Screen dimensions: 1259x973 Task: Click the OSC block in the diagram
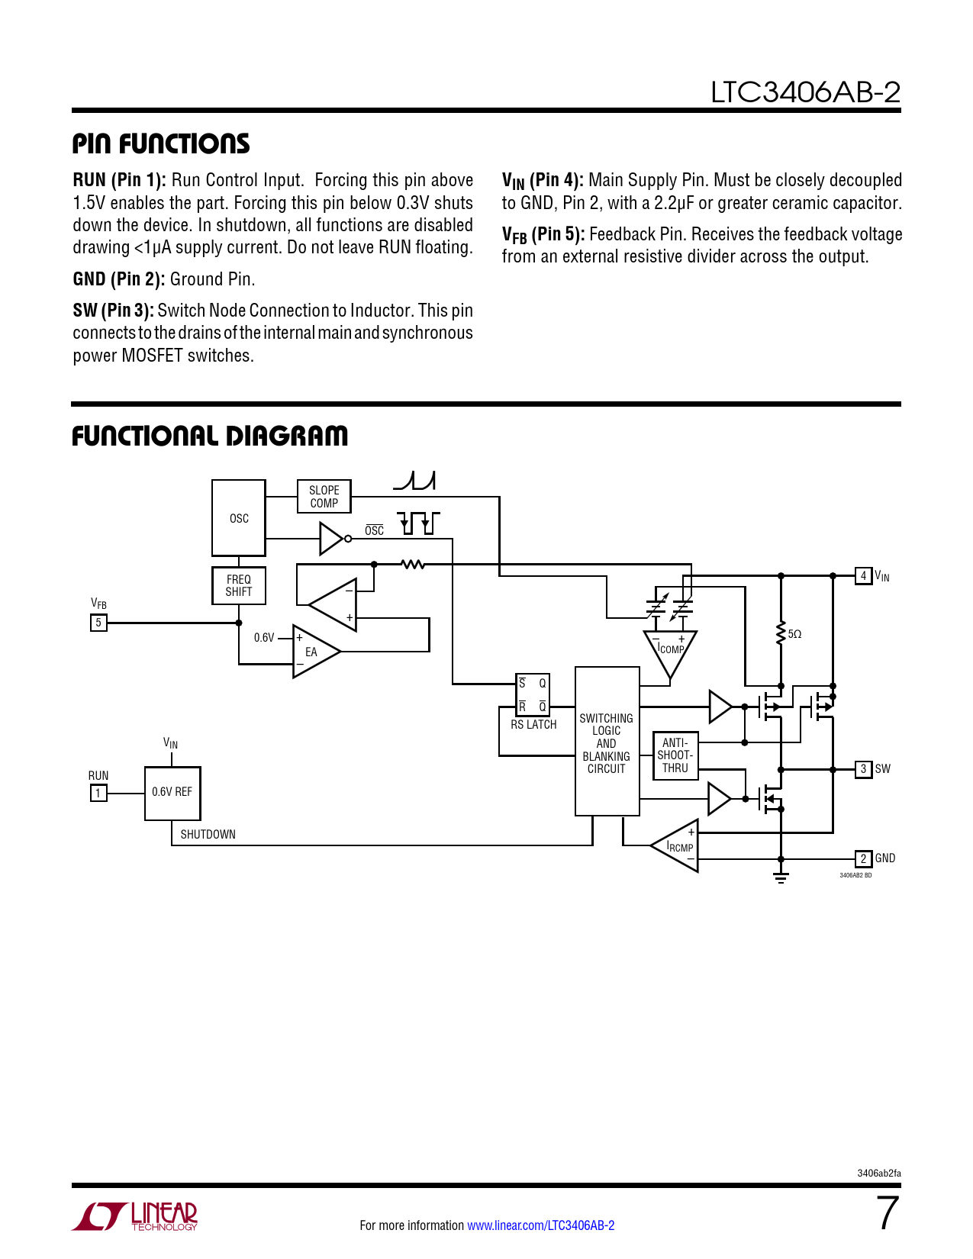pyautogui.click(x=239, y=518)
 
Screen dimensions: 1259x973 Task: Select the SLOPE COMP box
pyautogui.click(x=324, y=497)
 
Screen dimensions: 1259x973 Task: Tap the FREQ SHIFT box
pyautogui.click(x=239, y=585)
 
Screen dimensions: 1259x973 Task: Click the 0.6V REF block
pyautogui.click(x=172, y=793)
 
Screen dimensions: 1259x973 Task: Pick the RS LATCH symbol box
pyautogui.click(x=533, y=694)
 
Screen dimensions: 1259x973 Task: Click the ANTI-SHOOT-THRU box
pyautogui.click(x=675, y=755)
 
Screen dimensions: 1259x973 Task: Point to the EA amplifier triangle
pyautogui.click(x=313, y=652)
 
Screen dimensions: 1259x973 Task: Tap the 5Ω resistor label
pyautogui.click(x=794, y=634)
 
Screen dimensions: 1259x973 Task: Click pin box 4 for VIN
pyautogui.click(x=863, y=576)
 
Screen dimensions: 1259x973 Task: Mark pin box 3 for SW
pyautogui.click(x=863, y=769)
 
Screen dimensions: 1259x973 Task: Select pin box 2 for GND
pyautogui.click(x=863, y=858)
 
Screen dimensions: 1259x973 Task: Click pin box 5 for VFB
pyautogui.click(x=98, y=623)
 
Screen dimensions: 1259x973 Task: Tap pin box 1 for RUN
pyautogui.click(x=98, y=794)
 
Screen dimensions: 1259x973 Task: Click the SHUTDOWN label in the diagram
pyautogui.click(x=208, y=835)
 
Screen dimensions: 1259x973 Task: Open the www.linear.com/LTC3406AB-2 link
pyautogui.click(x=540, y=1225)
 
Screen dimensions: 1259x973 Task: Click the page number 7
pyautogui.click(x=888, y=1213)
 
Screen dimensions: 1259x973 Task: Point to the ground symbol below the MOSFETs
pyautogui.click(x=781, y=876)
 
